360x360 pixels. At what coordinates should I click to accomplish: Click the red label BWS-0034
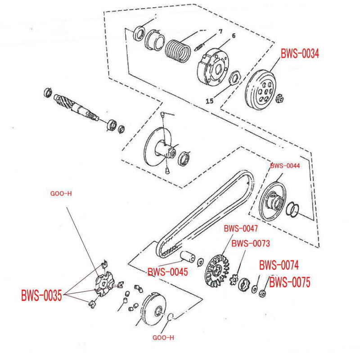[300, 54]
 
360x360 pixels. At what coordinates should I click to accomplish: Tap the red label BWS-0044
[284, 166]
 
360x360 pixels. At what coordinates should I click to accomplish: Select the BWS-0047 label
[241, 229]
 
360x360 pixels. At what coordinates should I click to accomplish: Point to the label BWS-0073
[250, 243]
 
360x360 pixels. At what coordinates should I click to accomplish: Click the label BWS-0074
[279, 265]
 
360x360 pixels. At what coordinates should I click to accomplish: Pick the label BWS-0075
[290, 283]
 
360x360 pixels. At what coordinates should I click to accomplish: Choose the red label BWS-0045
[167, 272]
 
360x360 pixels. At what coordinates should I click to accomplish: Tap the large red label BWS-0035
[41, 296]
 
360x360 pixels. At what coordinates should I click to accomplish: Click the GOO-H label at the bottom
[163, 337]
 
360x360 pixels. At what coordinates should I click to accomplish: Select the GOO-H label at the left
[61, 194]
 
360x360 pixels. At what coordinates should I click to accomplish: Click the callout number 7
[220, 31]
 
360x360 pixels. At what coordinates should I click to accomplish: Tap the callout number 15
[209, 101]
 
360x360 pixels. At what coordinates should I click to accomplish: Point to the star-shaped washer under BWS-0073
[233, 280]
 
